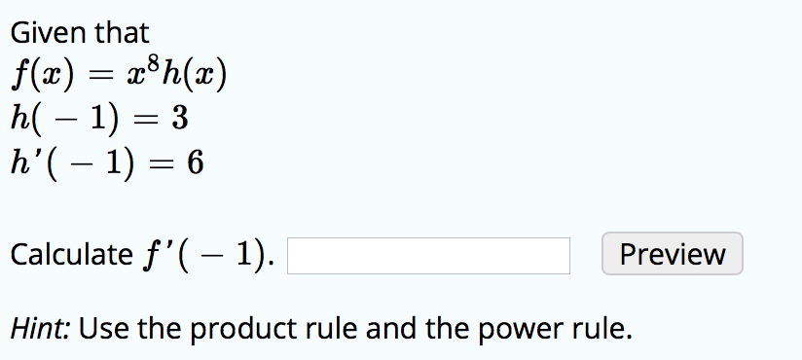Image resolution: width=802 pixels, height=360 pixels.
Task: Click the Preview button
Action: point(673,255)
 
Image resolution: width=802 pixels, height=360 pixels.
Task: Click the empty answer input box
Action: point(428,256)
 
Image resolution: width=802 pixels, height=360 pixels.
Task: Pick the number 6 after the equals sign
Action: point(194,162)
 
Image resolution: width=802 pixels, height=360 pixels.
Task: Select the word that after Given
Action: point(122,33)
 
